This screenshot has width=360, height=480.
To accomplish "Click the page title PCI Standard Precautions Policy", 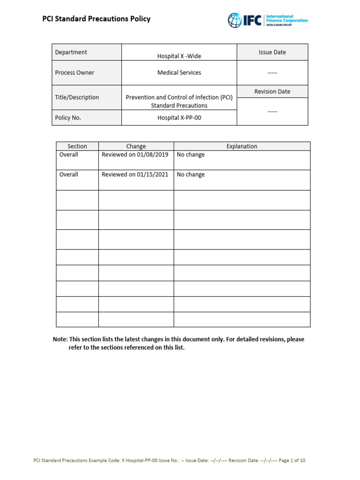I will coord(97,19).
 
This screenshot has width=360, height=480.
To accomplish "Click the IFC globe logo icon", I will coord(234,20).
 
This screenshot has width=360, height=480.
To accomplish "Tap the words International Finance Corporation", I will coord(286,19).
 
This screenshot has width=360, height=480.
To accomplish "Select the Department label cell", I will coord(71,52).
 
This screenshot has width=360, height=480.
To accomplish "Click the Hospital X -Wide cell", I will coord(179,56).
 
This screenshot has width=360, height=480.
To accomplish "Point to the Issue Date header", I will coord(272,52).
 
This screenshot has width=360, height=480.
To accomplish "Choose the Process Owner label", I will coord(75,73).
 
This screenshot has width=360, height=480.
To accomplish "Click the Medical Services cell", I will coord(179,73).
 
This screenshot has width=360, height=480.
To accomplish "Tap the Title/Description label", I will coord(77,97).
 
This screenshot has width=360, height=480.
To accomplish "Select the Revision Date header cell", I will coord(272,91).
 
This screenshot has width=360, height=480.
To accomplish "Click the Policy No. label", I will coord(68,118).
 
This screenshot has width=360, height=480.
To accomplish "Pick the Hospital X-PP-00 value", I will coord(179,118).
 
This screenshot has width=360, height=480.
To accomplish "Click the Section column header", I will coord(77,146).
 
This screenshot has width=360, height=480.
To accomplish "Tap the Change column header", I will coord(136,146).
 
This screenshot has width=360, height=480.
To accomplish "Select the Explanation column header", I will coord(242,146).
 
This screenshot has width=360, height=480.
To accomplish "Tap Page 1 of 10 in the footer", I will coord(292,461).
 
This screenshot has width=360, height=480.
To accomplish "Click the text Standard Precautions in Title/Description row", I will coord(179,105).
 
